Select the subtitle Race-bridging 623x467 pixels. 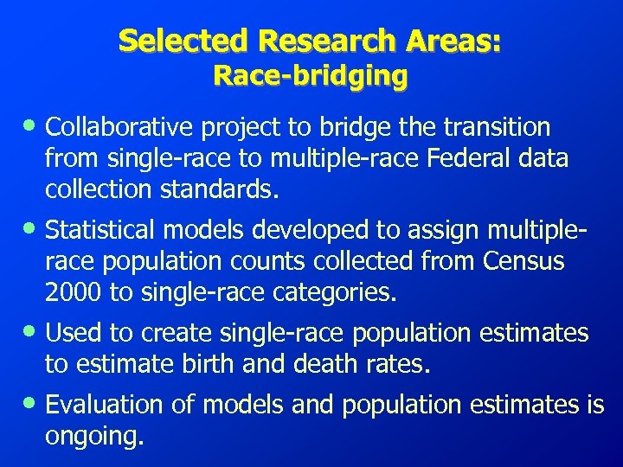coord(311,76)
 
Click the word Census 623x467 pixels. coord(523,261)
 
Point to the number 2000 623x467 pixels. coord(73,292)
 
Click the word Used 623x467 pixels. coord(71,332)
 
